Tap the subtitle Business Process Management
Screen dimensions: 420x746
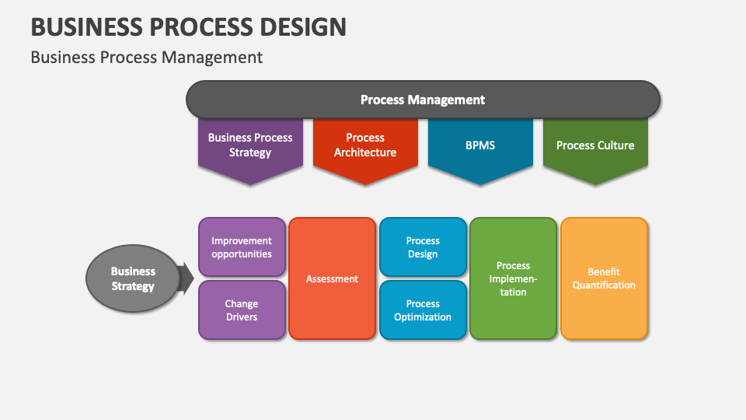[146, 57]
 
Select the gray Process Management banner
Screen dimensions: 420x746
[423, 100]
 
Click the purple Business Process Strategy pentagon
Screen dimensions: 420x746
[249, 148]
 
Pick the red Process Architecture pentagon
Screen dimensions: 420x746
[364, 148]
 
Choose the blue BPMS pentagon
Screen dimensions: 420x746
[479, 148]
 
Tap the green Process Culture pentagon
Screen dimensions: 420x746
[594, 148]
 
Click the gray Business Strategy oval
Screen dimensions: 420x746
[132, 278]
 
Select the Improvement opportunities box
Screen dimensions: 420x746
[242, 247]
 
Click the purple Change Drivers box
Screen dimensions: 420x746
[242, 310]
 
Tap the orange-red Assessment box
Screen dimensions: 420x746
[332, 278]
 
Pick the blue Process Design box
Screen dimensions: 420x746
[423, 247]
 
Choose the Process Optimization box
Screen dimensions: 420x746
[423, 310]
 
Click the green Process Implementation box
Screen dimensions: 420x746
[513, 278]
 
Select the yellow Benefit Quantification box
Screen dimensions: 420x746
[604, 278]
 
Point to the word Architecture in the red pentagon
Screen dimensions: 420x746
[364, 152]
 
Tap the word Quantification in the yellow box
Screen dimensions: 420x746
[604, 285]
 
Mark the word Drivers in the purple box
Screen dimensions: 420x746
[242, 317]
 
